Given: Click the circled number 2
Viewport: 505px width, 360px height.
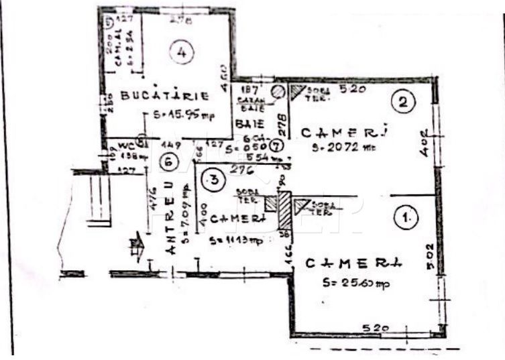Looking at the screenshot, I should (x=403, y=102).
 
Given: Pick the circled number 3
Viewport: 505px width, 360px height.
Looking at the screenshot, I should (x=212, y=179).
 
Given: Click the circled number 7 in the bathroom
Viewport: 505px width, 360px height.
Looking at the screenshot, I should (x=277, y=145).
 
